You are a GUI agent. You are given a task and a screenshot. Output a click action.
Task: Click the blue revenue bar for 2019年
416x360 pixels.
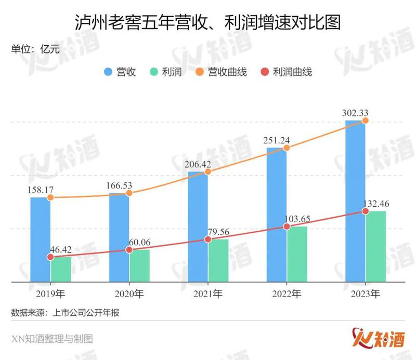point(40,239)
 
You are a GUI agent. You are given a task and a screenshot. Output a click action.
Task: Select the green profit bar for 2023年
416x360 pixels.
point(375,246)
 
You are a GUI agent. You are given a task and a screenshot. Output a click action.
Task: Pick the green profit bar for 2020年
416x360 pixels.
point(139,265)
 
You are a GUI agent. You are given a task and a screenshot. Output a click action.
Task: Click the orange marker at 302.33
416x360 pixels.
point(365,121)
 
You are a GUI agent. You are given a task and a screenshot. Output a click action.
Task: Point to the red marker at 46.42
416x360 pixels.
point(50,257)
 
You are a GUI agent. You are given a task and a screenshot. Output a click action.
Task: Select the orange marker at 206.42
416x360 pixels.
point(207,172)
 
